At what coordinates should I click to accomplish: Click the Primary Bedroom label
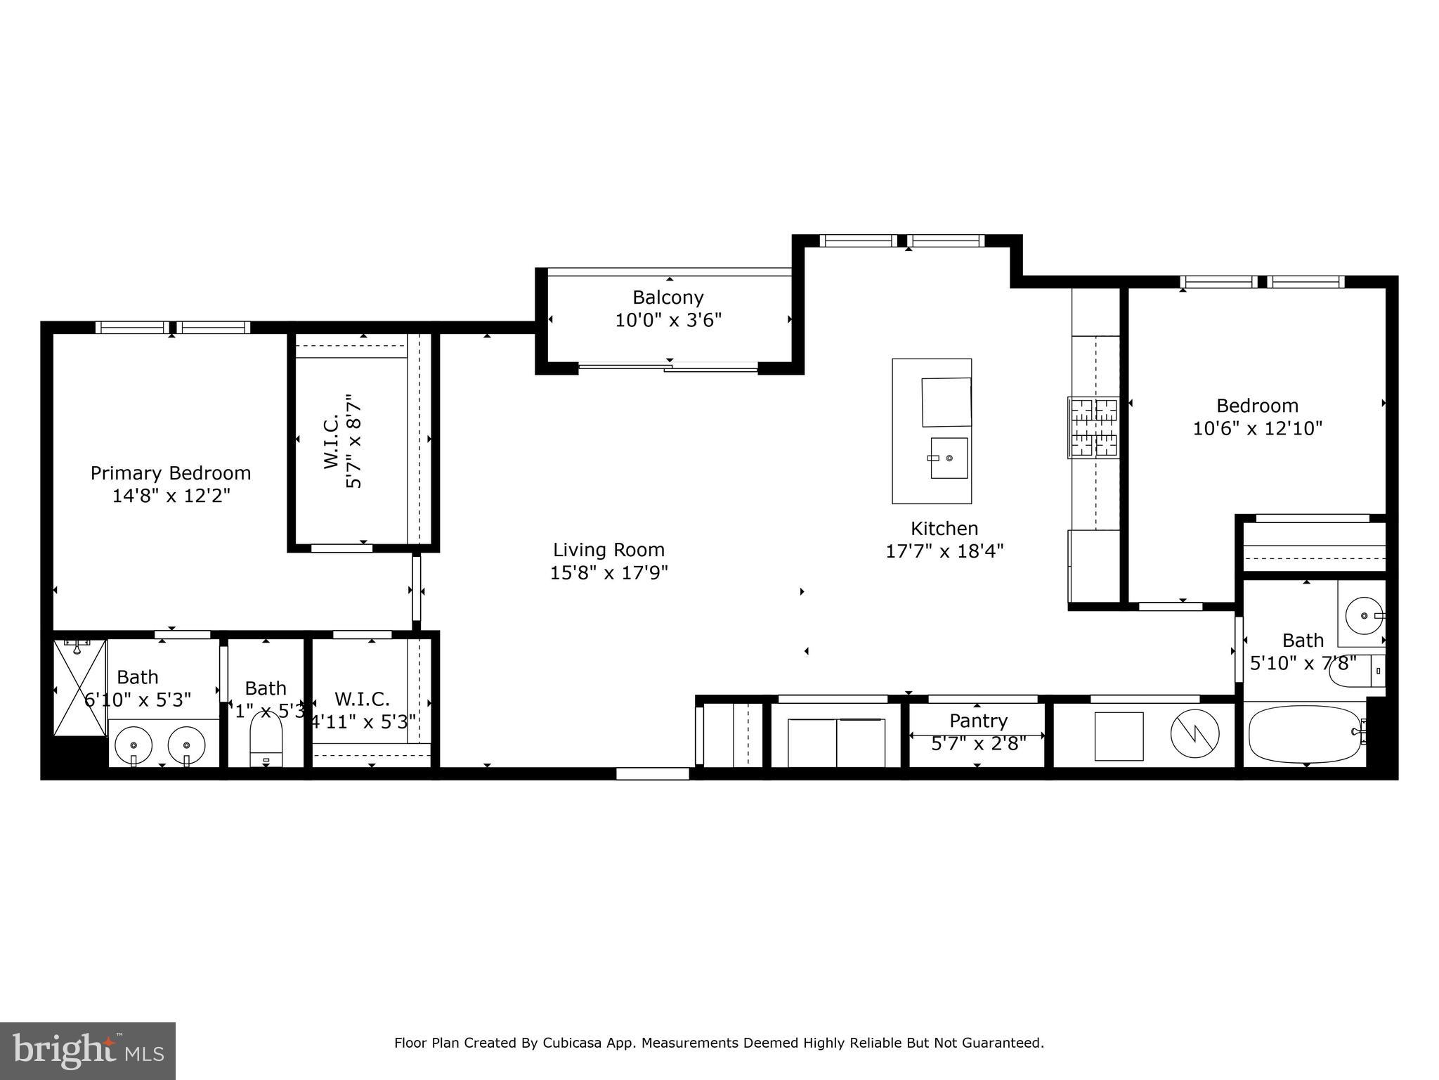(171, 473)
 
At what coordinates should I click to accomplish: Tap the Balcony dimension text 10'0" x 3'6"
(668, 321)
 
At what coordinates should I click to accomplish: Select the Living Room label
(608, 550)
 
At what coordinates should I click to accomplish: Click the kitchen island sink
(949, 458)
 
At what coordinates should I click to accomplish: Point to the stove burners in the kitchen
(1093, 427)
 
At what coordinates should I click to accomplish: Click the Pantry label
(978, 721)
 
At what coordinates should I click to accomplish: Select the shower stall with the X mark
(80, 688)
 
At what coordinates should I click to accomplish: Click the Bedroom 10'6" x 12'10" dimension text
(1257, 428)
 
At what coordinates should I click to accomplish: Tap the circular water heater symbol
(1194, 735)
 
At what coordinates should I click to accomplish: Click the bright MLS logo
(88, 1050)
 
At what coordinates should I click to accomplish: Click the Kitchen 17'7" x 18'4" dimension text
(944, 551)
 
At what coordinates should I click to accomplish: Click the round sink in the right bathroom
(1364, 615)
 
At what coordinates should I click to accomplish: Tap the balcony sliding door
(668, 366)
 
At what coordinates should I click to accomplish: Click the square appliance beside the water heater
(1119, 735)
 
